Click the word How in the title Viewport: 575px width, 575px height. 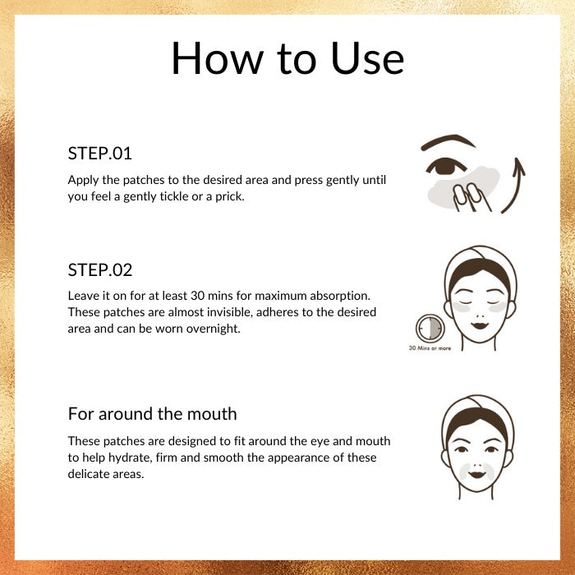218,58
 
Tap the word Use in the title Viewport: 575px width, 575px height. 367,58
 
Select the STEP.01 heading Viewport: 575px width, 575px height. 99,154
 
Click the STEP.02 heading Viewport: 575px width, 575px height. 99,270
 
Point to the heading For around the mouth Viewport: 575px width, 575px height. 153,414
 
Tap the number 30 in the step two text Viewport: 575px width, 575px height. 198,296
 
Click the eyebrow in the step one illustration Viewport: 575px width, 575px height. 448,142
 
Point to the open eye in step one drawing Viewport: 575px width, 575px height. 445,167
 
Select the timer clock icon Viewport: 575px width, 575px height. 430,328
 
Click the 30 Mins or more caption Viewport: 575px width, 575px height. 430,348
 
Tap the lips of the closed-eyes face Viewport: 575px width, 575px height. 479,325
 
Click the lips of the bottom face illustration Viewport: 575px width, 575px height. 476,474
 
